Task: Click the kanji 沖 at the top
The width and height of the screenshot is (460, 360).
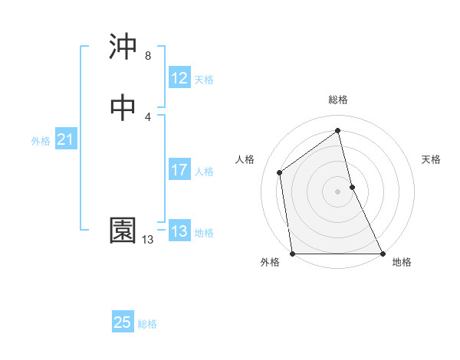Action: [x=123, y=47]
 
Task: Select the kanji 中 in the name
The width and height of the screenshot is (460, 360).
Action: [x=123, y=109]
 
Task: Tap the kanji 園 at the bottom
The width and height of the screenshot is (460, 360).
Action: [x=123, y=231]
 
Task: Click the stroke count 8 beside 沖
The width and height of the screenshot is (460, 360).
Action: [x=148, y=55]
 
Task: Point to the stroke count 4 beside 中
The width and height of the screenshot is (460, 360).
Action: [x=148, y=116]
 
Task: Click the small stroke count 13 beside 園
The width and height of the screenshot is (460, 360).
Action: [x=147, y=240]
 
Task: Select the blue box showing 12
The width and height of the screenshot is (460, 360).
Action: [x=179, y=78]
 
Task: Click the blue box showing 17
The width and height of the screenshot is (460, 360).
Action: [x=179, y=170]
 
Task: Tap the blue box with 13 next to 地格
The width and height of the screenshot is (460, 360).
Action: [x=179, y=231]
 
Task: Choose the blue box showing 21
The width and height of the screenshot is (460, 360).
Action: [x=65, y=139]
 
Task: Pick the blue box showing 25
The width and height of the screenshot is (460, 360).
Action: [x=123, y=322]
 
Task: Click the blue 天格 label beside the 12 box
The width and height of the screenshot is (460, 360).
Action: [x=204, y=79]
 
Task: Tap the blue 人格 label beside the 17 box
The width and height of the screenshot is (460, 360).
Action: [x=204, y=171]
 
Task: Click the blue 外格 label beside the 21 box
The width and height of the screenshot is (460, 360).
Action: [x=41, y=140]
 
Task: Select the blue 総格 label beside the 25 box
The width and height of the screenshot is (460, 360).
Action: [x=147, y=324]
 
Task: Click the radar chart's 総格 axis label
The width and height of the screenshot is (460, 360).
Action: [x=338, y=100]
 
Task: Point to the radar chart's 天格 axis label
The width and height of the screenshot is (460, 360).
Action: [x=432, y=159]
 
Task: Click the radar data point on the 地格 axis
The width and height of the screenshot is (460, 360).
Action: [x=382, y=254]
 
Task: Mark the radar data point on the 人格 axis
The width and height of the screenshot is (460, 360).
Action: [x=280, y=172]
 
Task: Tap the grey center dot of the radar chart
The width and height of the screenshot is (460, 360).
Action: [x=338, y=191]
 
